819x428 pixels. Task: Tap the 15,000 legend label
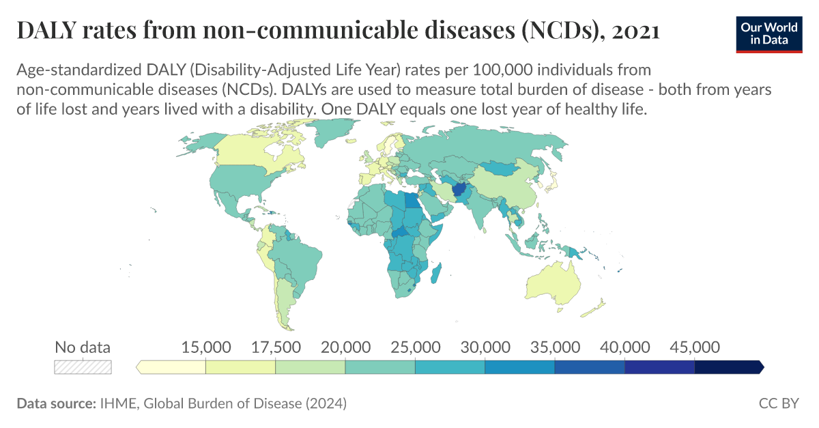205,347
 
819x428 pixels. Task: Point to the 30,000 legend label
485,347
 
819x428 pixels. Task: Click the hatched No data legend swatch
83,367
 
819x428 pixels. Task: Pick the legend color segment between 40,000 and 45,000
659,367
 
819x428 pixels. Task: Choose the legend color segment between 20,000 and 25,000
380,367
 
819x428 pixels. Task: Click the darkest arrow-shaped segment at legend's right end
728,367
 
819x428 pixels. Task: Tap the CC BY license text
778,403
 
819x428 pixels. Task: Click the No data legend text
83,347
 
